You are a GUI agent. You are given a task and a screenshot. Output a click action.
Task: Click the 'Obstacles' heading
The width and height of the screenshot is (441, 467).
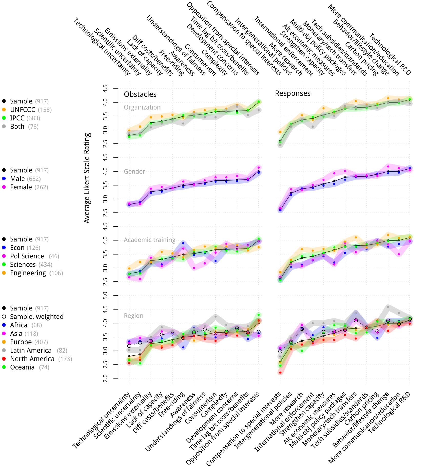click(140, 94)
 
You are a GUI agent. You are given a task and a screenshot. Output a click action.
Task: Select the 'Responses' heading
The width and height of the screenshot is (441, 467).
click(293, 93)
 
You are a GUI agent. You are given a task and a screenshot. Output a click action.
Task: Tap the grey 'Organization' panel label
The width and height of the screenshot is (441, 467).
click(142, 107)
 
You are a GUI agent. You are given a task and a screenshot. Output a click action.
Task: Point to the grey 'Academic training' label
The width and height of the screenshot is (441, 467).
click(149, 240)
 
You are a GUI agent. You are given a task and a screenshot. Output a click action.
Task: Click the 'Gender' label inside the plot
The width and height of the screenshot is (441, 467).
click(134, 171)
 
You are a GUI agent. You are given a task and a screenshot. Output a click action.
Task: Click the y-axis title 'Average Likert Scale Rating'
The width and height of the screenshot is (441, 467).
click(87, 178)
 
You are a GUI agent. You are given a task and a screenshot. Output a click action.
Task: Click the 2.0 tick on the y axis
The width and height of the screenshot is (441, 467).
click(105, 378)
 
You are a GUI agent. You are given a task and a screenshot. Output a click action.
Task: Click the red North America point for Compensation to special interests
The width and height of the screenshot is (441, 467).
click(280, 373)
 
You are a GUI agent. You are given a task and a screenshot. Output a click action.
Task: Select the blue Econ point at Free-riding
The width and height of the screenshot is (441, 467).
click(183, 243)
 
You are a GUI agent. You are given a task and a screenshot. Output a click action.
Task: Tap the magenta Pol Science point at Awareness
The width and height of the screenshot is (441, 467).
click(194, 268)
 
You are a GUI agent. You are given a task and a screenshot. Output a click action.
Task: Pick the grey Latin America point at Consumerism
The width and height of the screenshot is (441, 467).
click(216, 317)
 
